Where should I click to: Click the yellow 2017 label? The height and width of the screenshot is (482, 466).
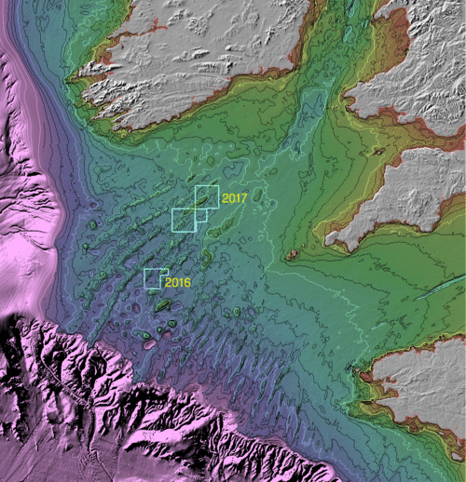click(235, 198)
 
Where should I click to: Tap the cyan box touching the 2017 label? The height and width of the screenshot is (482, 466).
click(206, 197)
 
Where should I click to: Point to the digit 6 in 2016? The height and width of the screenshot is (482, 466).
click(187, 281)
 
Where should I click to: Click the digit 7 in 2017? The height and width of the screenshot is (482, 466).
click(243, 198)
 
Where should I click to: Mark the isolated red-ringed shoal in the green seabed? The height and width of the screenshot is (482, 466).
click(293, 254)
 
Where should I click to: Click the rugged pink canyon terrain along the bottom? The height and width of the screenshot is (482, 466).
click(140, 419)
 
